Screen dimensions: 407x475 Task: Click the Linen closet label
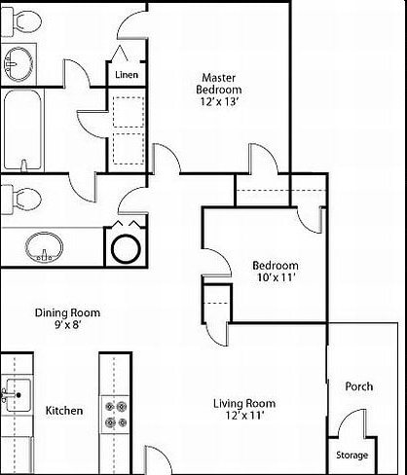tap(127, 75)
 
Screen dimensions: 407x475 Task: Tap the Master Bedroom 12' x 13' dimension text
tap(220, 102)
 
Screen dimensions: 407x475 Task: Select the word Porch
tap(359, 386)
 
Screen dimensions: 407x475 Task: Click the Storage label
tap(351, 456)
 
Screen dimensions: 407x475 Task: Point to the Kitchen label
tap(64, 411)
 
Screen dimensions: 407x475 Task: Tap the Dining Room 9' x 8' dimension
tap(67, 325)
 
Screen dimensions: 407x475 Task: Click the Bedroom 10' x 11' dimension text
tap(276, 277)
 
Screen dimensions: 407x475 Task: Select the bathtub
tap(22, 129)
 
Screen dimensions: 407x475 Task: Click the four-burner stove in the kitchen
tap(115, 415)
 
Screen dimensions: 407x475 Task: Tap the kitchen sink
tap(17, 395)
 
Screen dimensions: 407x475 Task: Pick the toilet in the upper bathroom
tap(21, 21)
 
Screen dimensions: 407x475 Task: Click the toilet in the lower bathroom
tap(21, 200)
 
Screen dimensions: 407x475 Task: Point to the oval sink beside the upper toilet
tap(18, 64)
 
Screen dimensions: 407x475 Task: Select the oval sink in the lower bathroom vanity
tap(44, 247)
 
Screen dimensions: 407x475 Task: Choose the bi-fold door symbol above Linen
tap(120, 53)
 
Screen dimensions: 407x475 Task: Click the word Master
tap(219, 78)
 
